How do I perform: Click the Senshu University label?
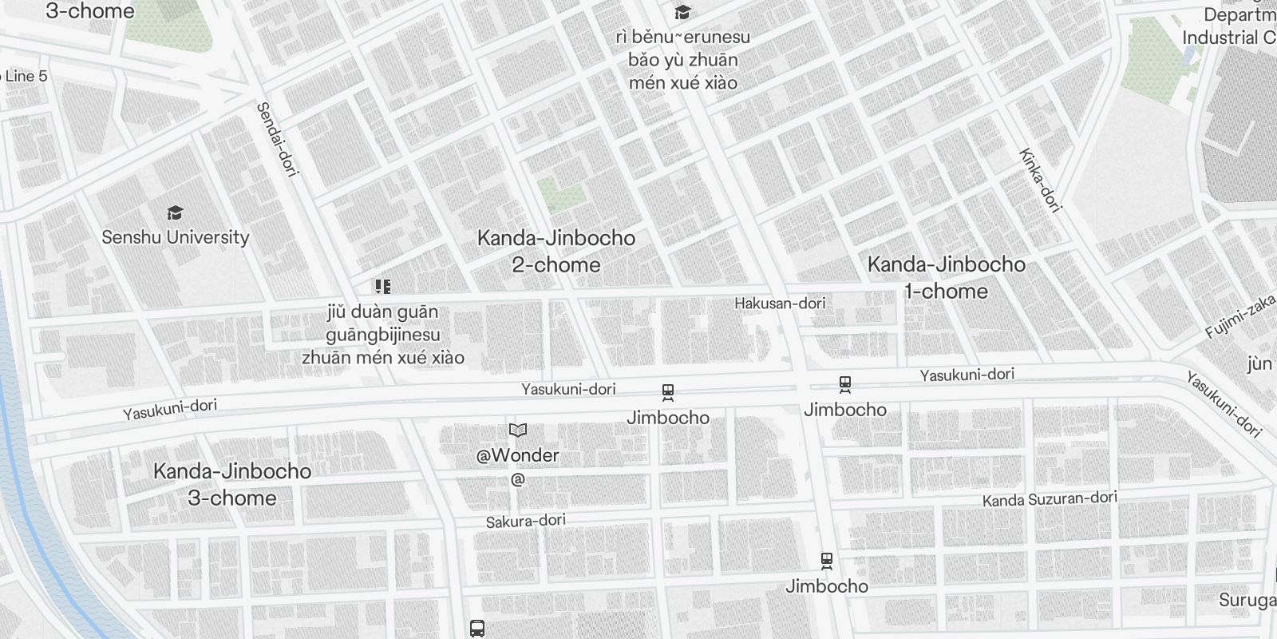[x=176, y=237]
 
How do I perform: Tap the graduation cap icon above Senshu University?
[x=176, y=212]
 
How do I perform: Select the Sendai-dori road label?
[x=277, y=138]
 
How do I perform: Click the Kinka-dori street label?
[x=1040, y=180]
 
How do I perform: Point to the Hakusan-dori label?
[x=780, y=303]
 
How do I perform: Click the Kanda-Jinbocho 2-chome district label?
[x=556, y=251]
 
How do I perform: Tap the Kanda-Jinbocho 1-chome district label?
[x=946, y=277]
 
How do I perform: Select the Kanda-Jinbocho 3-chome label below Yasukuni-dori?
[x=231, y=484]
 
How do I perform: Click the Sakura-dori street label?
[x=526, y=521]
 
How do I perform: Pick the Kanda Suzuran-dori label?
[x=1050, y=499]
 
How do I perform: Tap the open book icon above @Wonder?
[x=518, y=431]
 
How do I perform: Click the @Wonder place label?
[x=518, y=455]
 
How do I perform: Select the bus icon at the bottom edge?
[x=477, y=628]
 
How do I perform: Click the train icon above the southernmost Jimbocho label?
[x=827, y=561]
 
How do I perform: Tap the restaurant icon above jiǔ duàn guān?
[x=382, y=287]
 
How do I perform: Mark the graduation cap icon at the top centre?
[x=682, y=13]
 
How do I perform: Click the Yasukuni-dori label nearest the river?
[x=170, y=409]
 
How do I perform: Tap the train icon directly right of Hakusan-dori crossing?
[x=845, y=384]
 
